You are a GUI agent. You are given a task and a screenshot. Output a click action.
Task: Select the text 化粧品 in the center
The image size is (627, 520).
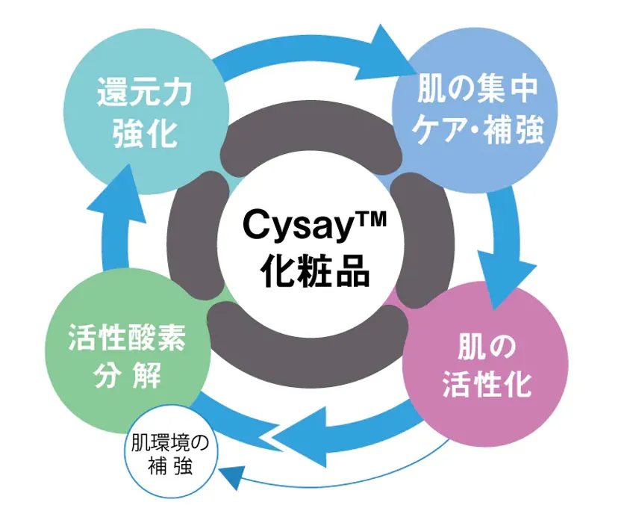click(315, 271)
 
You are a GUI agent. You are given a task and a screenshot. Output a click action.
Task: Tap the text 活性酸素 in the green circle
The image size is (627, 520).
click(127, 337)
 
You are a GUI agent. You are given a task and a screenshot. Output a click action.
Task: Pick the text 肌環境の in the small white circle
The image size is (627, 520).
click(170, 443)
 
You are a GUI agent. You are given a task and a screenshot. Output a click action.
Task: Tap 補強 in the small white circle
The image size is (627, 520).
click(169, 466)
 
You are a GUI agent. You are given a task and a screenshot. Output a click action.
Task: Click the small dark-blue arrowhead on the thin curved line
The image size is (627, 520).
click(232, 477)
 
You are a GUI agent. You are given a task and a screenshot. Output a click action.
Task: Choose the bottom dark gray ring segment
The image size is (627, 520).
click(308, 349)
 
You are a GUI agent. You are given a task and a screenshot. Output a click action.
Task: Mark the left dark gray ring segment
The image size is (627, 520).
click(197, 236)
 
